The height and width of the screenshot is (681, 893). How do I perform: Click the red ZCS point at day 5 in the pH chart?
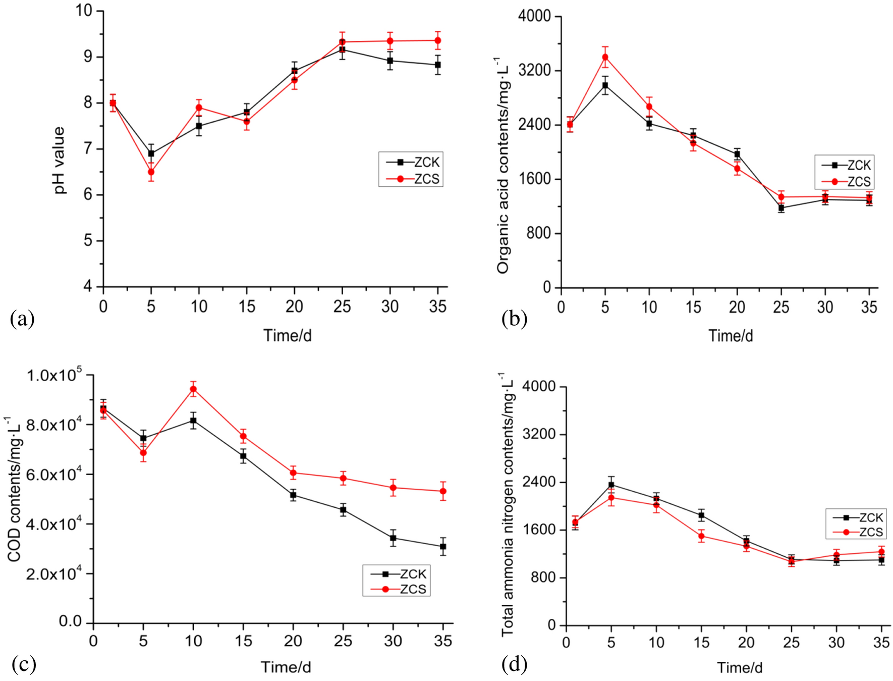(151, 172)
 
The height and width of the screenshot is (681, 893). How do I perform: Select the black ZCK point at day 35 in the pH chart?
(438, 65)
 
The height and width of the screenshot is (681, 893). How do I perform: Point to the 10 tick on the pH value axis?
(84, 10)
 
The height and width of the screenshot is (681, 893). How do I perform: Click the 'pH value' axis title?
(60, 160)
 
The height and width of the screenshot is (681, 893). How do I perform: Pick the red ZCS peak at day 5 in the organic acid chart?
(605, 57)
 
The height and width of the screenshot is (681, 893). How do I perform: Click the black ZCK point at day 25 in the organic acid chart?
(781, 207)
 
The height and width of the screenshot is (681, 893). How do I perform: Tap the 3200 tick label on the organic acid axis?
(534, 70)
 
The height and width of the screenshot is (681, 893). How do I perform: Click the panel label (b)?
(514, 319)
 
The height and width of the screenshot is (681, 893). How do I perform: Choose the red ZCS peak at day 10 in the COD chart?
(193, 389)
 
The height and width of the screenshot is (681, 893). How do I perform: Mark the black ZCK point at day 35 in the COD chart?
(443, 546)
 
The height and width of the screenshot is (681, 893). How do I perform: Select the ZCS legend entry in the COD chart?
(399, 589)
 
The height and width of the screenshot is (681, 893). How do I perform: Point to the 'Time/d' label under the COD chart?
(286, 667)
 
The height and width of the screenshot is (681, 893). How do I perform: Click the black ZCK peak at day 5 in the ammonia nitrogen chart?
(611, 485)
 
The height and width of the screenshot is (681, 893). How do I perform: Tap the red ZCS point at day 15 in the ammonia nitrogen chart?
(701, 536)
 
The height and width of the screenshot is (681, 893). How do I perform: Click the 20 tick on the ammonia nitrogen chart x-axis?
(746, 642)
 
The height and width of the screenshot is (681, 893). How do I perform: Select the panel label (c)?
(23, 664)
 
